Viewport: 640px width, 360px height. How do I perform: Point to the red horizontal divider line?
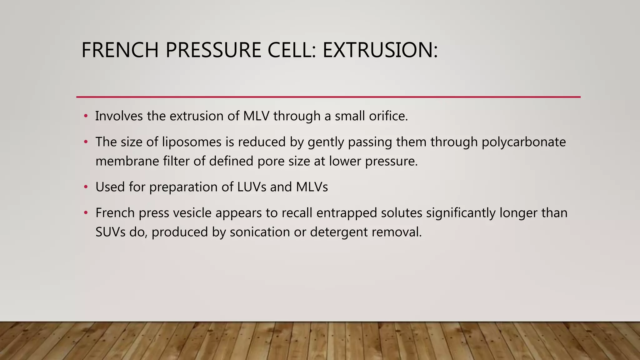click(x=328, y=97)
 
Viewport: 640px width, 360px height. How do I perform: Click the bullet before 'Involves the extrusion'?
click(x=86, y=116)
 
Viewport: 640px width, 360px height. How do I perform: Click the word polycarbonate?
click(x=523, y=142)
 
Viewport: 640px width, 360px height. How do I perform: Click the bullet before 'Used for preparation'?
click(x=86, y=187)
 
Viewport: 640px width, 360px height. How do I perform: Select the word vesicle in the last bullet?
click(x=192, y=213)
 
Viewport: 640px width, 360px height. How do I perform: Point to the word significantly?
click(x=461, y=213)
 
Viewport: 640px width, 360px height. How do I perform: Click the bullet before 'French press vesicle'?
click(x=86, y=213)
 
